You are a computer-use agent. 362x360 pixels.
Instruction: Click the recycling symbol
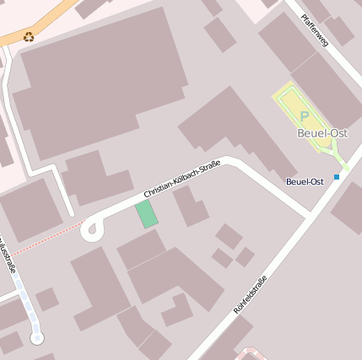(30, 36)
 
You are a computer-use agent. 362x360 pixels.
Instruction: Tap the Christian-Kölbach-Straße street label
(181, 180)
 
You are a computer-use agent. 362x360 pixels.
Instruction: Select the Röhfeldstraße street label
(250, 295)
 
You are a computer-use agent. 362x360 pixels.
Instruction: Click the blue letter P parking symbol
(304, 116)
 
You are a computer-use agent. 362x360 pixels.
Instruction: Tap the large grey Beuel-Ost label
(322, 133)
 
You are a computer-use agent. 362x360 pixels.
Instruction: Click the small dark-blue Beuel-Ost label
(305, 181)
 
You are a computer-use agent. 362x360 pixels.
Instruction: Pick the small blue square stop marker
(337, 176)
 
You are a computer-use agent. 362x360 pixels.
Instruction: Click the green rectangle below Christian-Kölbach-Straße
(147, 214)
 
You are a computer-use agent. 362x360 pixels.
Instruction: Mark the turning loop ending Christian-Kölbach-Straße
(91, 228)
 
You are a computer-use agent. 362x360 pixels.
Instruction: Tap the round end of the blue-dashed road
(36, 338)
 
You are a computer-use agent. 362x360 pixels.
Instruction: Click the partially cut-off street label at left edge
(8, 257)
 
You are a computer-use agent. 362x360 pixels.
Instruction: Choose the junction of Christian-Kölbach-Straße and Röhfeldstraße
(309, 216)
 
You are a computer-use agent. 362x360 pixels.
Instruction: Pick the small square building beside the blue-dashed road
(47, 298)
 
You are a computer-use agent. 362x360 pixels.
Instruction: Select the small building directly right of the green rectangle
(190, 207)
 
